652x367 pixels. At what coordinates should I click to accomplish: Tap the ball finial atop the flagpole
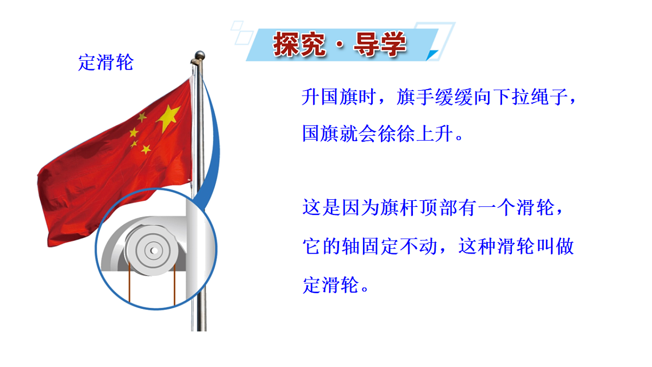(x=199, y=55)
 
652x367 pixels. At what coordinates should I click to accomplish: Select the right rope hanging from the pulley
(x=174, y=284)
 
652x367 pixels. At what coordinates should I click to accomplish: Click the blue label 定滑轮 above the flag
(x=105, y=63)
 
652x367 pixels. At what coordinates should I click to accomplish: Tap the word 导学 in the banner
(x=380, y=45)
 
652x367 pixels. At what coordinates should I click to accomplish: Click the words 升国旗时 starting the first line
(x=336, y=98)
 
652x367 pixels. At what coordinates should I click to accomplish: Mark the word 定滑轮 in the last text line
(x=330, y=284)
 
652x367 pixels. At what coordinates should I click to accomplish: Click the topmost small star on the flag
(x=142, y=117)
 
